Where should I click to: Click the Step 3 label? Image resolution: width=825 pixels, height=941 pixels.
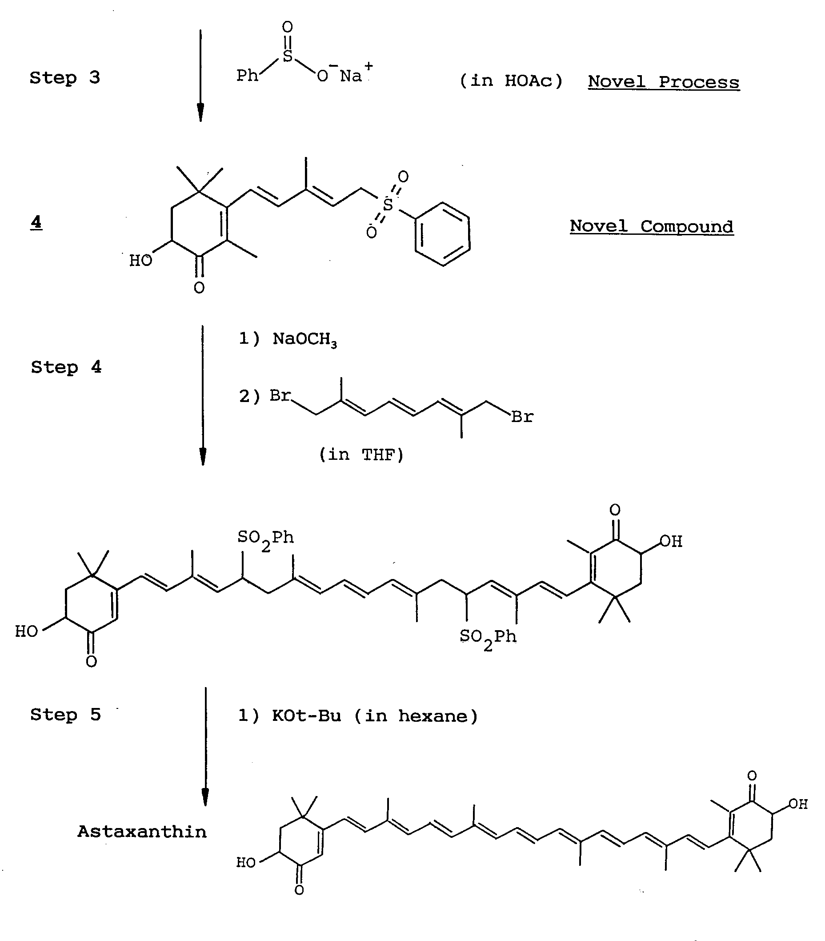click(64, 78)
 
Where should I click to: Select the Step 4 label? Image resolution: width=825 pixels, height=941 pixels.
click(66, 367)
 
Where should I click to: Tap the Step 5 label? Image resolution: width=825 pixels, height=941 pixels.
click(65, 715)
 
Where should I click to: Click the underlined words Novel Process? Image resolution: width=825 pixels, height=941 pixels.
click(664, 82)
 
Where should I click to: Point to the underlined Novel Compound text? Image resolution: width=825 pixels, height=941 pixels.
click(652, 226)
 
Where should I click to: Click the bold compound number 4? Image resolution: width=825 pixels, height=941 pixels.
click(36, 222)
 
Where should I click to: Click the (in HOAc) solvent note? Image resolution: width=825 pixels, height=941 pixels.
click(511, 81)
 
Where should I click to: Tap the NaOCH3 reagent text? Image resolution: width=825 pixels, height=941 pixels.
click(304, 339)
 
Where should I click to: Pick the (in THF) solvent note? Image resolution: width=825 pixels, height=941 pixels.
click(361, 455)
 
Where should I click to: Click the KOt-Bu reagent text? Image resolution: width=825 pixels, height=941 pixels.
click(306, 716)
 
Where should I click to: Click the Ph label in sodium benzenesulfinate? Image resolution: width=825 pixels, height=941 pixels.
click(248, 76)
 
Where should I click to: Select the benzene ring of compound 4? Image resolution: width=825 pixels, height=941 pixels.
click(442, 234)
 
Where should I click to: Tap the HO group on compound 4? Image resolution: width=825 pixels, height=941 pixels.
click(140, 261)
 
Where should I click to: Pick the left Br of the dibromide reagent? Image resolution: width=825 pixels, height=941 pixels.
click(280, 395)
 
